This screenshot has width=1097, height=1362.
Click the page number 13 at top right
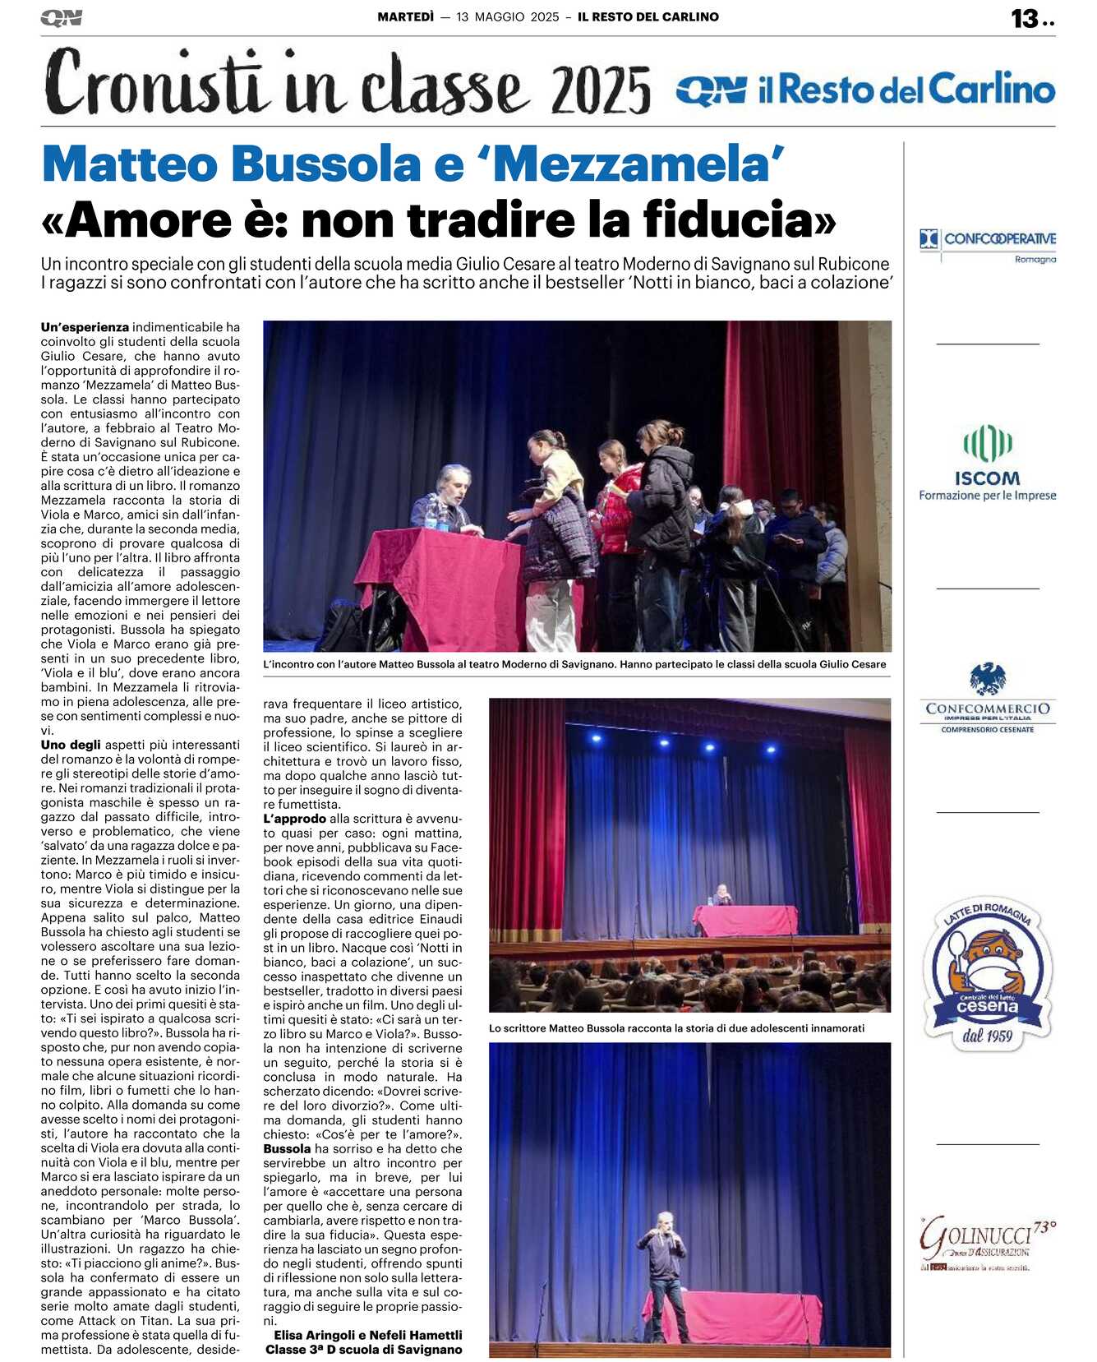coord(1025,18)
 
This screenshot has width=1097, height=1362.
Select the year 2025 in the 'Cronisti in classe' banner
coord(601,90)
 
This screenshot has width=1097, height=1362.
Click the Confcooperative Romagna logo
coord(987,245)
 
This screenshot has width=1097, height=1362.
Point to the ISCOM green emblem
coord(987,443)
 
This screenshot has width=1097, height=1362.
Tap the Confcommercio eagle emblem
coord(987,680)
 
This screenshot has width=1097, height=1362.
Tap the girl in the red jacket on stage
coord(619,497)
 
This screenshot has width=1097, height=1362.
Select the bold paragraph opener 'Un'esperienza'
coord(85,327)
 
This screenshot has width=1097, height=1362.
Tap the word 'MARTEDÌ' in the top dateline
coord(405,16)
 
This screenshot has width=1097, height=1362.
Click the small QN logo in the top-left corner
coord(61,17)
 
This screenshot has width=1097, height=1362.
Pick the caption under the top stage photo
coord(574,664)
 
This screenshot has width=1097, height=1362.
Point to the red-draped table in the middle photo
coord(744,920)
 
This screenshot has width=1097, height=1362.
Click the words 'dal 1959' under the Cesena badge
coord(988,1036)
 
